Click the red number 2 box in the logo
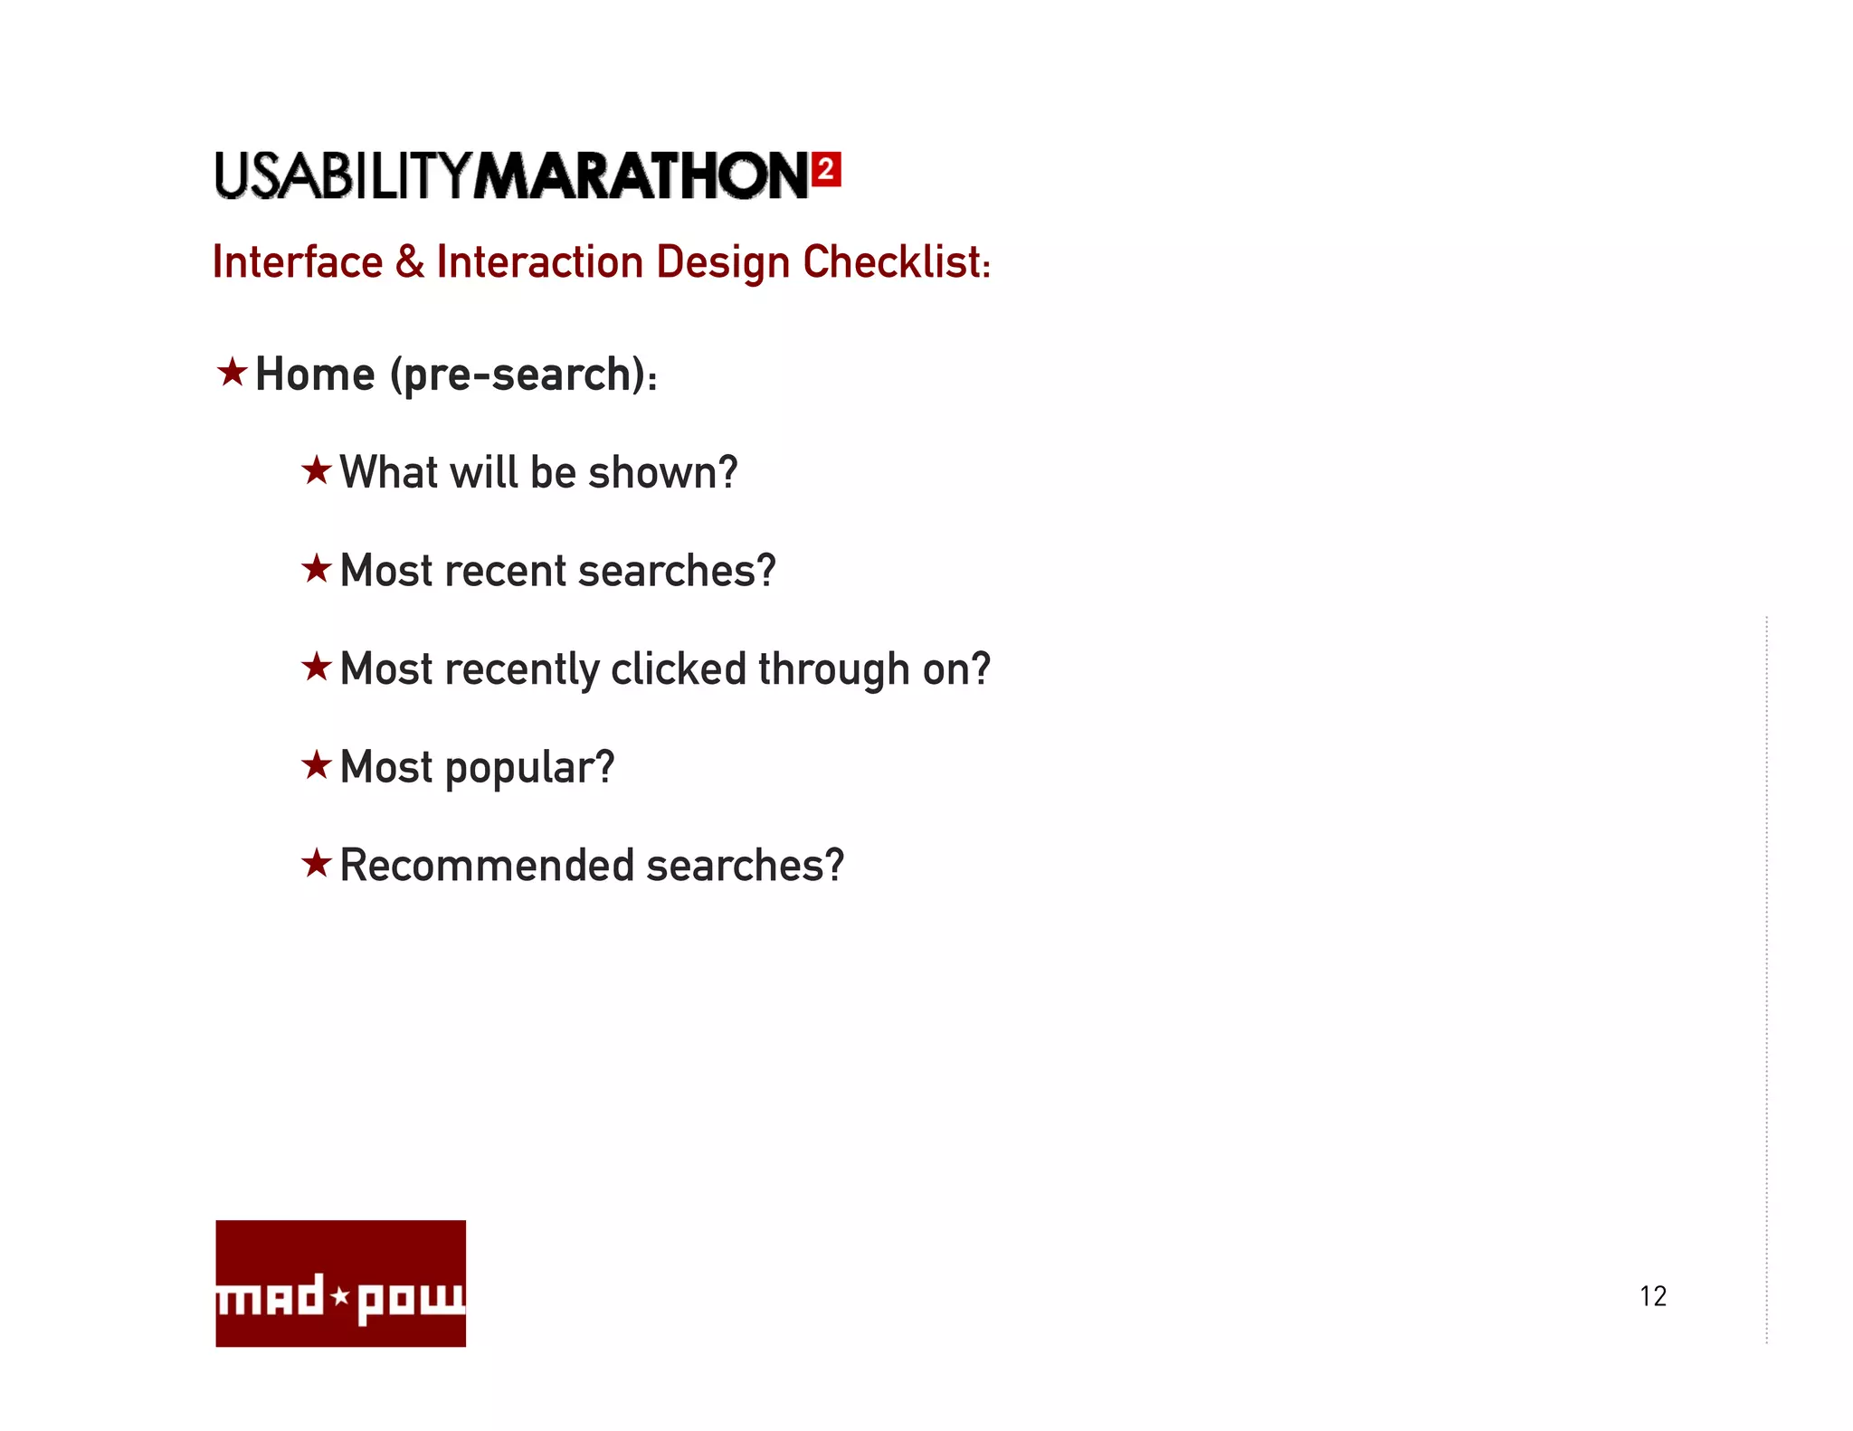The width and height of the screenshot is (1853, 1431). coord(826,169)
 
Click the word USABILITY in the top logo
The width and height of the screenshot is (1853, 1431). coord(343,175)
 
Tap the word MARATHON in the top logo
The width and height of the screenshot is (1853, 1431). coord(641,175)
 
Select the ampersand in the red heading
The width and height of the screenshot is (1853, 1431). coord(409,262)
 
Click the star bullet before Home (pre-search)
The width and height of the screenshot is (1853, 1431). coord(233,372)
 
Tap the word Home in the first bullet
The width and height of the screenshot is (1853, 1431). coord(315,374)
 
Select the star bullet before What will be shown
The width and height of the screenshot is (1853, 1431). coord(317,470)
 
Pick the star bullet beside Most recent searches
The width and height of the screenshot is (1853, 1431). coord(317,569)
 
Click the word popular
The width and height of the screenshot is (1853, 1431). coord(529,769)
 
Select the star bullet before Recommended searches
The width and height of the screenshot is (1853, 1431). coord(317,863)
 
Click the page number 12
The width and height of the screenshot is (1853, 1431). coord(1652,1296)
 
